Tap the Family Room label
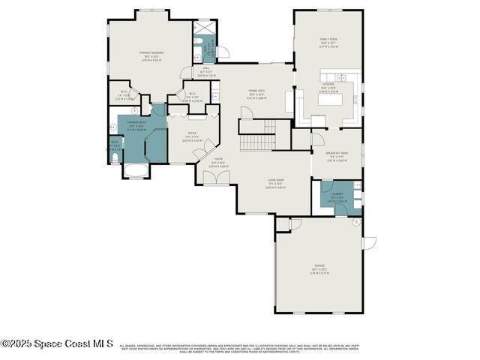point(328,43)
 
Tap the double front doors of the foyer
point(217,178)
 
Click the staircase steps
point(257,142)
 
